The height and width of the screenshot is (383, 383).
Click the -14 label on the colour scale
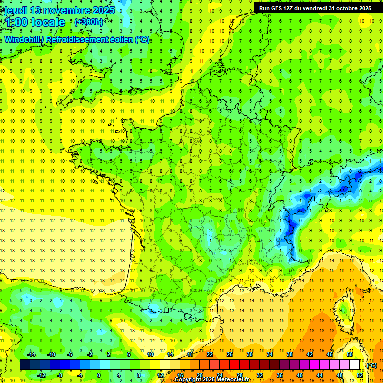pyautogui.click(x=33, y=354)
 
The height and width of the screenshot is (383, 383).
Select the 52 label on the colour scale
pyautogui.click(x=360, y=375)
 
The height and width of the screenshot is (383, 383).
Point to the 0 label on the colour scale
pyautogui.click(x=98, y=375)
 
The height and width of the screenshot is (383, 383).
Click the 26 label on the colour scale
pyautogui.click(x=230, y=354)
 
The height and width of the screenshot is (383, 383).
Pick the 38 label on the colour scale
pyautogui.click(x=290, y=354)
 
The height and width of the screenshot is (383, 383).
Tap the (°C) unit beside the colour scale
pyautogui.click(x=371, y=365)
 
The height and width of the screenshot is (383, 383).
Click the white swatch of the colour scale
pyautogui.click(x=355, y=365)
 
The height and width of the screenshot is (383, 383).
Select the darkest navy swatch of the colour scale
pyautogui.click(x=25, y=365)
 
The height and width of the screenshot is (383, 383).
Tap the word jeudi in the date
pyautogui.click(x=16, y=10)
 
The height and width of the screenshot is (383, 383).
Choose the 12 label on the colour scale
pyautogui.click(x=160, y=375)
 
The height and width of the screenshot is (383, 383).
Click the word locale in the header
pyautogui.click(x=48, y=22)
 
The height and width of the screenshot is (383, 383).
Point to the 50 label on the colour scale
pyautogui.click(x=350, y=354)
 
